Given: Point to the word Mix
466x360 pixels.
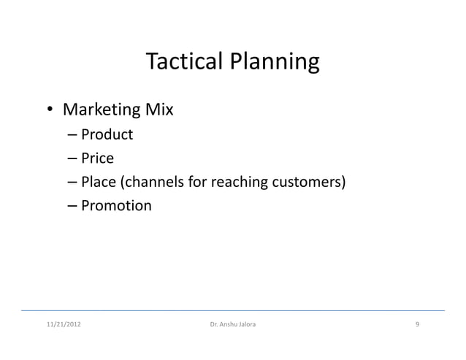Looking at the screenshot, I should [158, 110].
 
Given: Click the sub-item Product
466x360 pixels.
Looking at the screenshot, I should [107, 134].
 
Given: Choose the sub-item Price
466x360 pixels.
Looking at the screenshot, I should [97, 158].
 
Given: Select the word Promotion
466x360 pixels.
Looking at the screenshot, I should [116, 206].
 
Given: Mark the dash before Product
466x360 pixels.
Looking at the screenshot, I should [72, 135].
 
